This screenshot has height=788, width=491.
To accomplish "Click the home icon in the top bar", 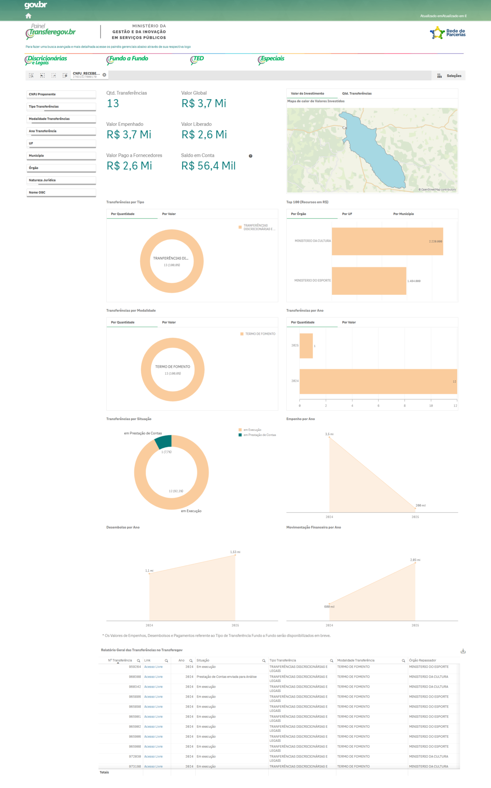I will coord(28,16).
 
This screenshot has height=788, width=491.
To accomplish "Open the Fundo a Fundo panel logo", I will coord(127,59).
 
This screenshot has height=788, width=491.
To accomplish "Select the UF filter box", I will coord(61,144).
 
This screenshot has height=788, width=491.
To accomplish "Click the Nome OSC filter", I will coord(61,192).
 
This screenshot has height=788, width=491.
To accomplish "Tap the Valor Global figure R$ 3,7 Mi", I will coord(204,104).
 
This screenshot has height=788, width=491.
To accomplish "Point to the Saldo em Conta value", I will coord(208,166).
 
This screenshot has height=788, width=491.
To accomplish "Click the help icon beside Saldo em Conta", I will coord(251,156).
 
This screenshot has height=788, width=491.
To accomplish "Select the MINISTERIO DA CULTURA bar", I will coord(387,241).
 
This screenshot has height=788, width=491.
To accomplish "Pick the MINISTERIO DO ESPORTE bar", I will coord(369,281).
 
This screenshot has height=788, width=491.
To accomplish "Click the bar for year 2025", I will coord(306,346).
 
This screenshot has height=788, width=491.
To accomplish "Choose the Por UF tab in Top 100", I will coord(347,214).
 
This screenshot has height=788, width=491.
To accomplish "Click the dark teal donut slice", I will coord(164,442).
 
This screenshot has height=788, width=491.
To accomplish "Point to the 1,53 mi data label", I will coord(235,552).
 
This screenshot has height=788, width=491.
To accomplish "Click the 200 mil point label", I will coord(421,506).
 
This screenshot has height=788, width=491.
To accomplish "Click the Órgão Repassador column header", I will coord(423,660).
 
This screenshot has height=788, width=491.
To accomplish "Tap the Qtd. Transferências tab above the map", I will coord(357,93).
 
